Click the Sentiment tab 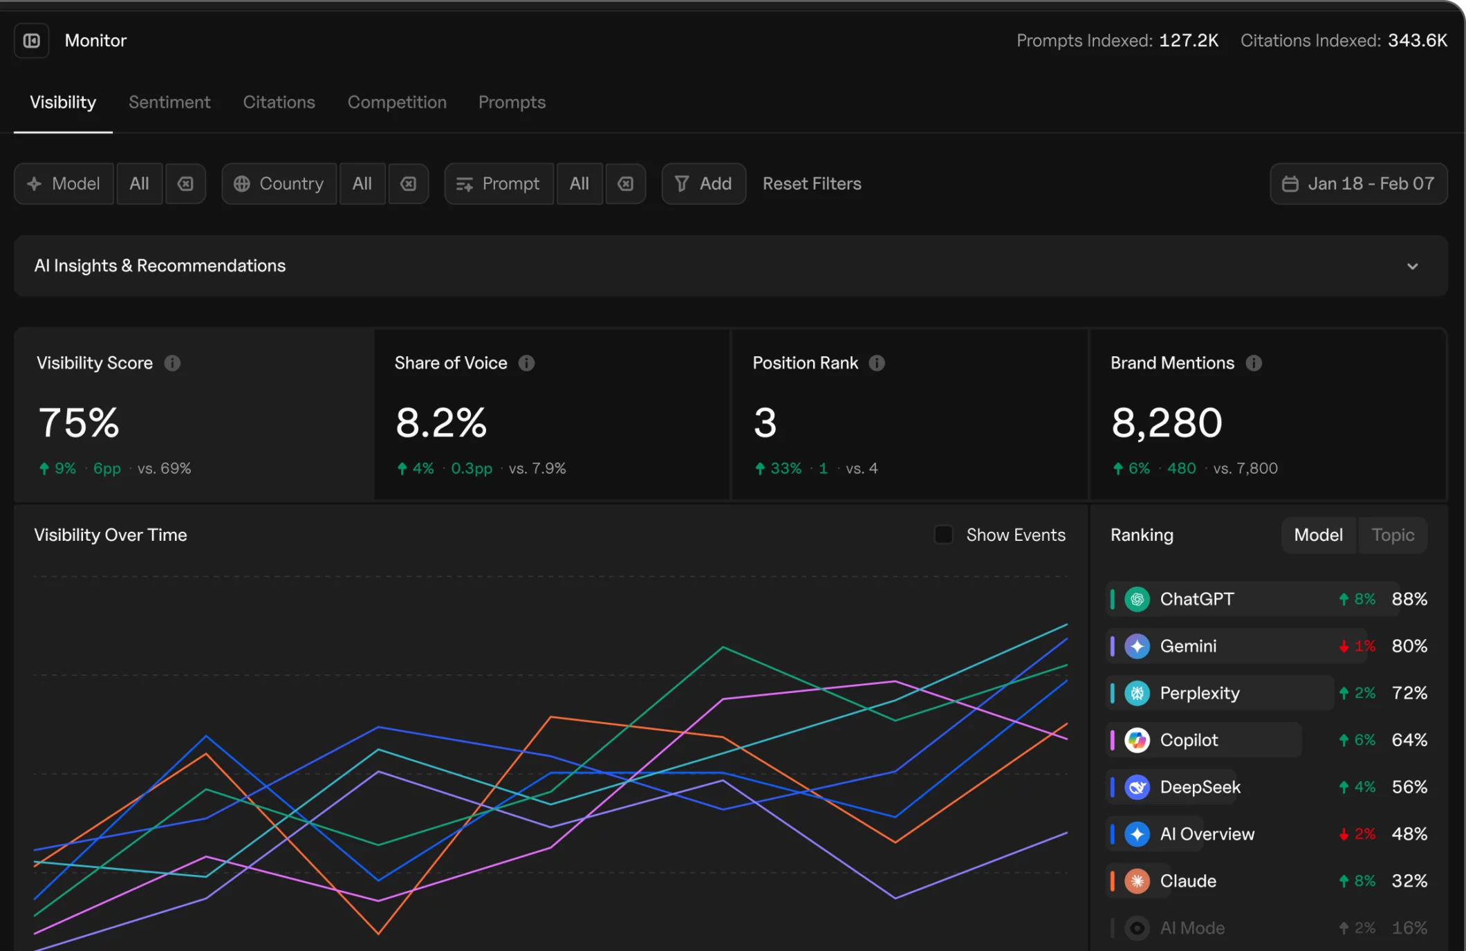click(x=169, y=102)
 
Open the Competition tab click(x=397, y=102)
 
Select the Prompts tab click(x=512, y=102)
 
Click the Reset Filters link click(x=812, y=184)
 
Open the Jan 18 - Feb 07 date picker click(x=1358, y=184)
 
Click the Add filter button click(x=703, y=184)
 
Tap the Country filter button click(x=279, y=184)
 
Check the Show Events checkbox click(x=943, y=535)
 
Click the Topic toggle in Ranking click(x=1393, y=535)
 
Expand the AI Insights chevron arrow click(x=1412, y=266)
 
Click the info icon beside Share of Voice click(x=526, y=363)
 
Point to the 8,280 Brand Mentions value click(x=1167, y=423)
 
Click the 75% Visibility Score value click(x=79, y=423)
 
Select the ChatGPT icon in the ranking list click(x=1137, y=599)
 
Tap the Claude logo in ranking click(x=1137, y=881)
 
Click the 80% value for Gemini click(x=1409, y=646)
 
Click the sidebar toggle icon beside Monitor click(x=32, y=41)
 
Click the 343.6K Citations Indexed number click(x=1417, y=41)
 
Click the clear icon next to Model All click(x=185, y=184)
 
